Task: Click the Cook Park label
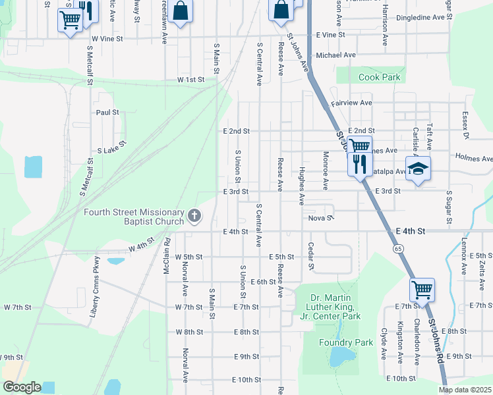click(x=379, y=78)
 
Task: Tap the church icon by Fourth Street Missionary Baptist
click(x=194, y=215)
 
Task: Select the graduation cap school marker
click(x=417, y=169)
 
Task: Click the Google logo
click(x=22, y=387)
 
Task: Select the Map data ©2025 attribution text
click(x=465, y=390)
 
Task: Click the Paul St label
click(x=107, y=113)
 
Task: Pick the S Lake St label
click(x=111, y=146)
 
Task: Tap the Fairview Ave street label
click(x=351, y=103)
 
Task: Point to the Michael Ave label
click(x=335, y=55)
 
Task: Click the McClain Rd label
click(x=168, y=257)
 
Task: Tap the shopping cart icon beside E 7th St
click(x=422, y=288)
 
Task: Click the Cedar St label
click(x=310, y=256)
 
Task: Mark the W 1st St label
click(x=190, y=79)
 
